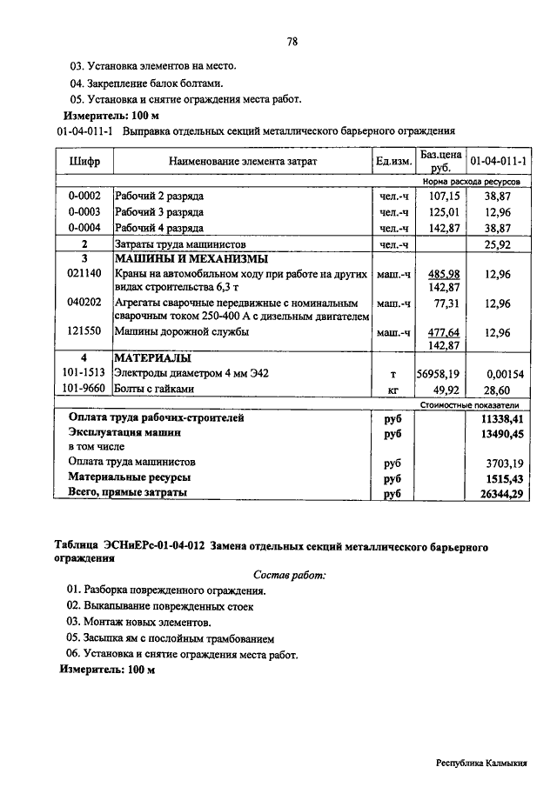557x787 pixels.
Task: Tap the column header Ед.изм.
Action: click(393, 161)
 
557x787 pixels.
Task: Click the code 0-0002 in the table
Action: click(84, 197)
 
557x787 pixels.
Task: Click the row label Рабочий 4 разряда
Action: click(159, 228)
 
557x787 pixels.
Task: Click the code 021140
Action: click(84, 274)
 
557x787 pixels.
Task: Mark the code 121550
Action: click(84, 332)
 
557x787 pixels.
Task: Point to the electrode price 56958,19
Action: click(440, 374)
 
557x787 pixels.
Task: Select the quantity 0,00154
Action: click(498, 374)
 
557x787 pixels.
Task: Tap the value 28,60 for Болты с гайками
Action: click(498, 390)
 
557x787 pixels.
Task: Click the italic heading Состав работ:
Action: click(290, 576)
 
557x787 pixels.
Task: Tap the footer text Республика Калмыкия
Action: click(481, 763)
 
